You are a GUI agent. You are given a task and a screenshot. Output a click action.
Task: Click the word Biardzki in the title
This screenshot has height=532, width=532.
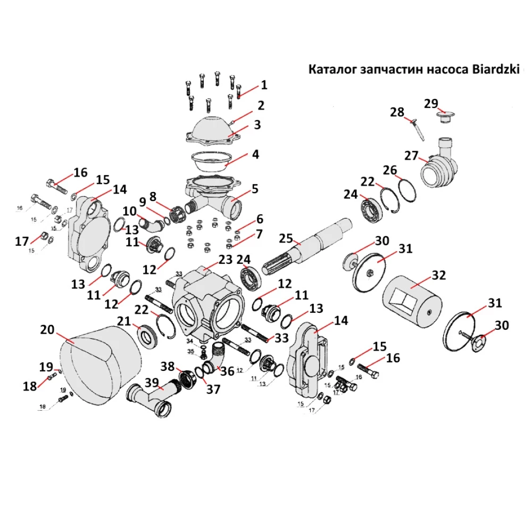pos(493,70)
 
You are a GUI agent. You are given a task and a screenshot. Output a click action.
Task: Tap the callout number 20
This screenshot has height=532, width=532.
pos(47,331)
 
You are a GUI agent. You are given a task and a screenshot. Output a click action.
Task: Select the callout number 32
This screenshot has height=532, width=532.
pos(439,276)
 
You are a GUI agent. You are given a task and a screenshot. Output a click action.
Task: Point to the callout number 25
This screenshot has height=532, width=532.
pos(286,238)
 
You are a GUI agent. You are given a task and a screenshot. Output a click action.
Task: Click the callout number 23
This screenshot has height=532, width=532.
pos(226,260)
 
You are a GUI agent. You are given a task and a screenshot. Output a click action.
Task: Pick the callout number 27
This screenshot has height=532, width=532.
pos(411,156)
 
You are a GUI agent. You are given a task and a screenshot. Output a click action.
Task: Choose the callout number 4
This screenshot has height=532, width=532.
pos(255,155)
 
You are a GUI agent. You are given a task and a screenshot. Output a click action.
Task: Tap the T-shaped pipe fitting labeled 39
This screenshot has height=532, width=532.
pos(152,399)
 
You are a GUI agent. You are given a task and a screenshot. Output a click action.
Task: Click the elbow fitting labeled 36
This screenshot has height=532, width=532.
pos(218,358)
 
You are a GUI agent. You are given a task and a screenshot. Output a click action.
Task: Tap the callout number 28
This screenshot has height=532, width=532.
pos(397,112)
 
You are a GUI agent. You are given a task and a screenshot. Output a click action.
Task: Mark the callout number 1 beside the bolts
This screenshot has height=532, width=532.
pos(264,85)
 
